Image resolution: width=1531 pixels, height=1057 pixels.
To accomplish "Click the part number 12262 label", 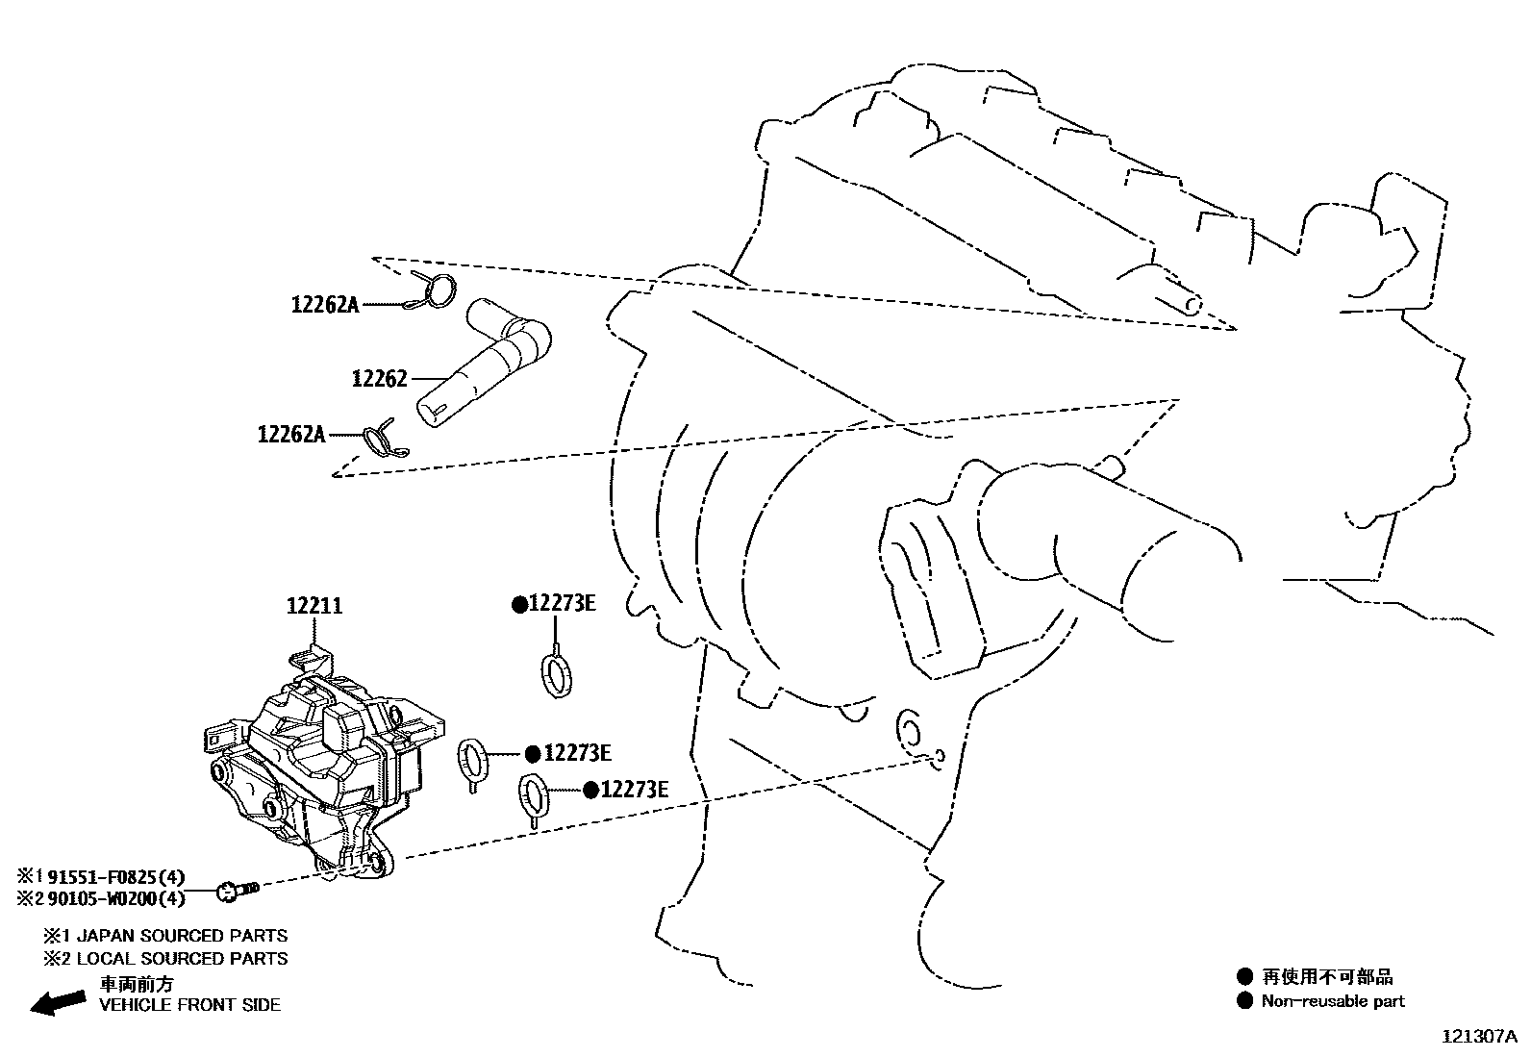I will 379,379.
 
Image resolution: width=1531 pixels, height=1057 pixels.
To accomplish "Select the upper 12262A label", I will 324,306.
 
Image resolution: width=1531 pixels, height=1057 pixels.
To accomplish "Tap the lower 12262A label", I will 290,435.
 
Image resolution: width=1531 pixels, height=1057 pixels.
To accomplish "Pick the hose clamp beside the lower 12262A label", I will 382,439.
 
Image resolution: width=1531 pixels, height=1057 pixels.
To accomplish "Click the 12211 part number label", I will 314,607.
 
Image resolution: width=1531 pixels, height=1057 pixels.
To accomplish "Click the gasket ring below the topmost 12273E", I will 555,673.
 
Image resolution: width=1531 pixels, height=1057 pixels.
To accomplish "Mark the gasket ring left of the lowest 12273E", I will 534,796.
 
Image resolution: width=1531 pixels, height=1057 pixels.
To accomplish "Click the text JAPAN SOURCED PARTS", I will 181,935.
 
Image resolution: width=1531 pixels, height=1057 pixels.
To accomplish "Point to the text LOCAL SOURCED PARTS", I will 181,959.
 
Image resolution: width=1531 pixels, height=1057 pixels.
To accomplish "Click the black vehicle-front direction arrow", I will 58,1001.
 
